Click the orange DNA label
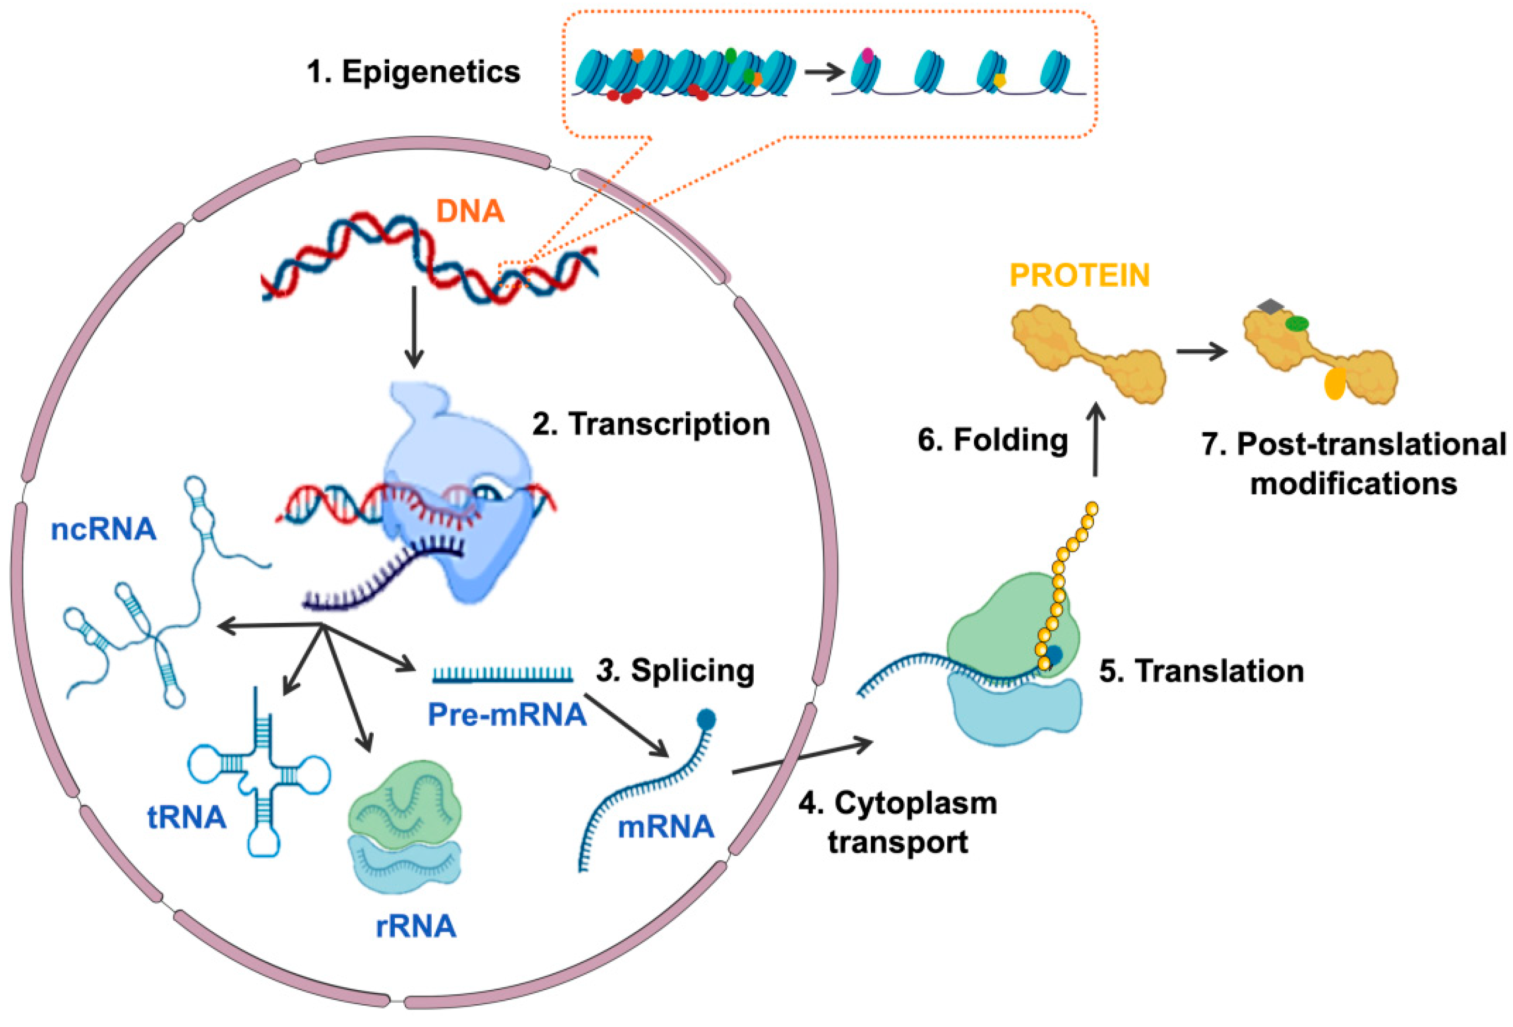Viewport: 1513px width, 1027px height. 469,211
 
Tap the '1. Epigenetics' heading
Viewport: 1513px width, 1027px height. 414,71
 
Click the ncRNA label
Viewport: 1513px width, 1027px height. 104,530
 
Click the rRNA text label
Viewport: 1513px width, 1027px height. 416,926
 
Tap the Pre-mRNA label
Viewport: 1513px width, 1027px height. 507,715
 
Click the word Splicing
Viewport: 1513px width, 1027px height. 692,671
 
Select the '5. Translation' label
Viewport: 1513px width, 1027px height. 1201,671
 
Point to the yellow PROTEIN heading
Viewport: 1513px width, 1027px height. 1079,275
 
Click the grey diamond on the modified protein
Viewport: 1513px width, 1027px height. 1269,306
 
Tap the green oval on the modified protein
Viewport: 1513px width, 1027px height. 1296,323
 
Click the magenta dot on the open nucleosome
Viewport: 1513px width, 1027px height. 867,55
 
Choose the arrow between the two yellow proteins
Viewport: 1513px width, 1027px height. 1202,353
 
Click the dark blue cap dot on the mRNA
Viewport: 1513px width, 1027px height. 707,719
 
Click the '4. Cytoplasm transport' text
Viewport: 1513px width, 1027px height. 899,823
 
